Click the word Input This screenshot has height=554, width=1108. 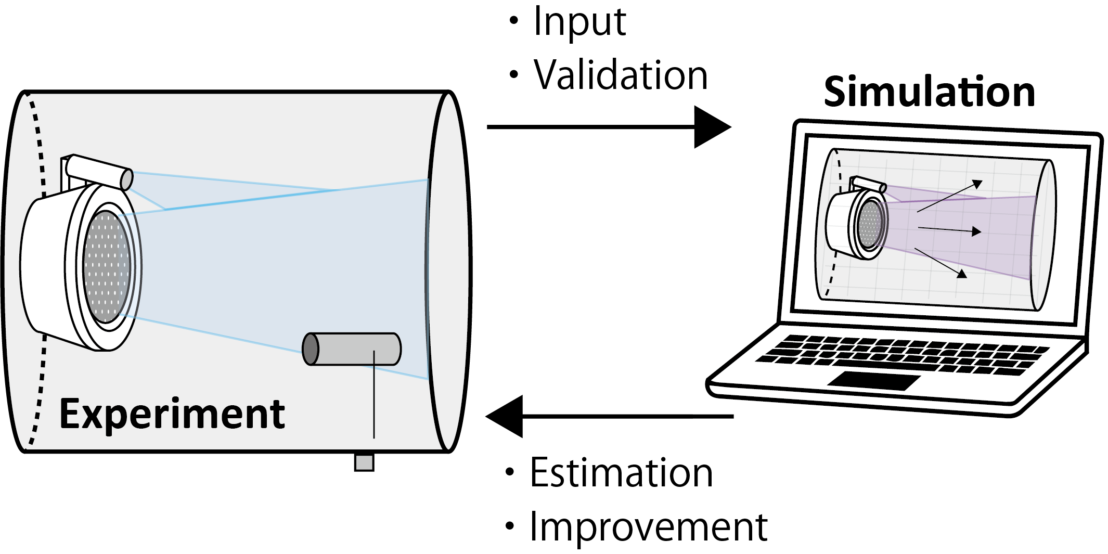pyautogui.click(x=579, y=22)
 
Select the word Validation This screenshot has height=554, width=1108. pyautogui.click(x=621, y=74)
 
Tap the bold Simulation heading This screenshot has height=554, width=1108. pyautogui.click(x=930, y=92)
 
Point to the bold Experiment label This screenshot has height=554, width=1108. pyautogui.click(x=172, y=415)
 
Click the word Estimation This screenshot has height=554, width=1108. pyautogui.click(x=621, y=473)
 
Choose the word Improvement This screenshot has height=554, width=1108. pyautogui.click(x=648, y=527)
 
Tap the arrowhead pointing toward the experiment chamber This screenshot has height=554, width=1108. pyautogui.click(x=504, y=416)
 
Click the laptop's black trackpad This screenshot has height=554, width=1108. pyautogui.click(x=874, y=380)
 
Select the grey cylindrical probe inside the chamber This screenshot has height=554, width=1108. pyautogui.click(x=352, y=349)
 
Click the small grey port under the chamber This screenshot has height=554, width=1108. pyautogui.click(x=364, y=462)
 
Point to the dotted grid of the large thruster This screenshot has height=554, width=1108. pyautogui.click(x=106, y=267)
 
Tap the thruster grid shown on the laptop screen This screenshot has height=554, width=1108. pyautogui.click(x=870, y=224)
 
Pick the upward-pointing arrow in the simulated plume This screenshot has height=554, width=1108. pyautogui.click(x=949, y=196)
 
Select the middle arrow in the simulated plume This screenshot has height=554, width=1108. pyautogui.click(x=949, y=229)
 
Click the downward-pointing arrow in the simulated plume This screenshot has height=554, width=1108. pyautogui.click(x=940, y=263)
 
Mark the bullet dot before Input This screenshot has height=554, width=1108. pyautogui.click(x=514, y=21)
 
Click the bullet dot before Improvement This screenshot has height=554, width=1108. pyautogui.click(x=510, y=526)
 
